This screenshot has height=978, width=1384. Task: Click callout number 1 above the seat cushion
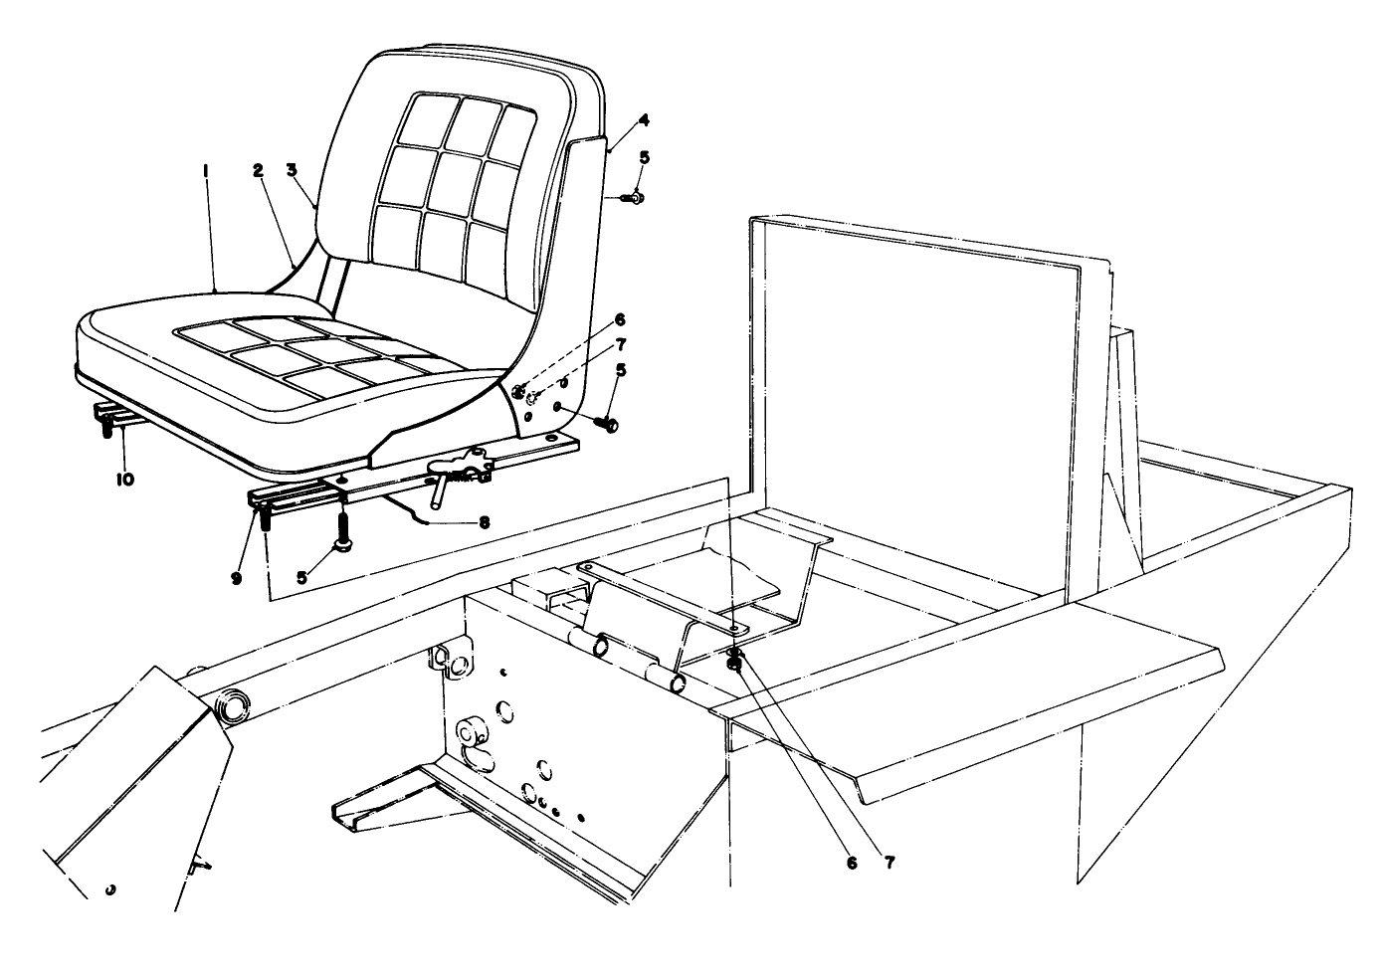(205, 172)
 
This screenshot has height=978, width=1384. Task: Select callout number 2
(258, 171)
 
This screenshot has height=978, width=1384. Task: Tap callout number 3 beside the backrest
(292, 171)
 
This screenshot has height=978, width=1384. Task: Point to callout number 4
(644, 120)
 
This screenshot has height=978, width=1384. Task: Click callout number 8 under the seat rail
(485, 521)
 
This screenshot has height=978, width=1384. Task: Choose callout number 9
(236, 577)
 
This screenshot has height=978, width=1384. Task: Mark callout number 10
(124, 479)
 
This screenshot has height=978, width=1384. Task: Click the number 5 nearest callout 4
(644, 157)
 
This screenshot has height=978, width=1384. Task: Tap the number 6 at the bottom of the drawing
(852, 863)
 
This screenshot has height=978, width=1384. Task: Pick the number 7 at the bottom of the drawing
(889, 863)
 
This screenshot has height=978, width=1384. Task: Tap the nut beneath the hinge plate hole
(734, 662)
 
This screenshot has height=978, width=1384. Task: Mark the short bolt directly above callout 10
(102, 429)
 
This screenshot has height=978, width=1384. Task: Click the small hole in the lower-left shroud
(110, 887)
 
